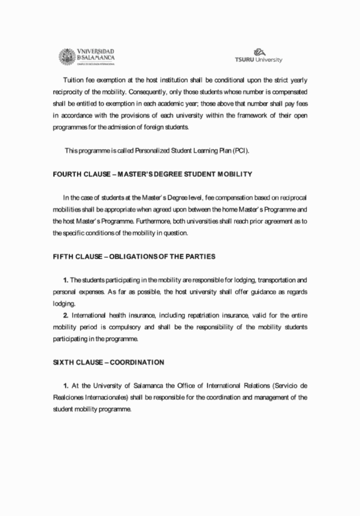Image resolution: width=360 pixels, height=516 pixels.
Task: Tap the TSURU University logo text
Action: click(258, 59)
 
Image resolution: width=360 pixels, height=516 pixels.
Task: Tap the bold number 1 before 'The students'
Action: click(66, 280)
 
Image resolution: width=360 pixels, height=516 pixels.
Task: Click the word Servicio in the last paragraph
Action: click(279, 386)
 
